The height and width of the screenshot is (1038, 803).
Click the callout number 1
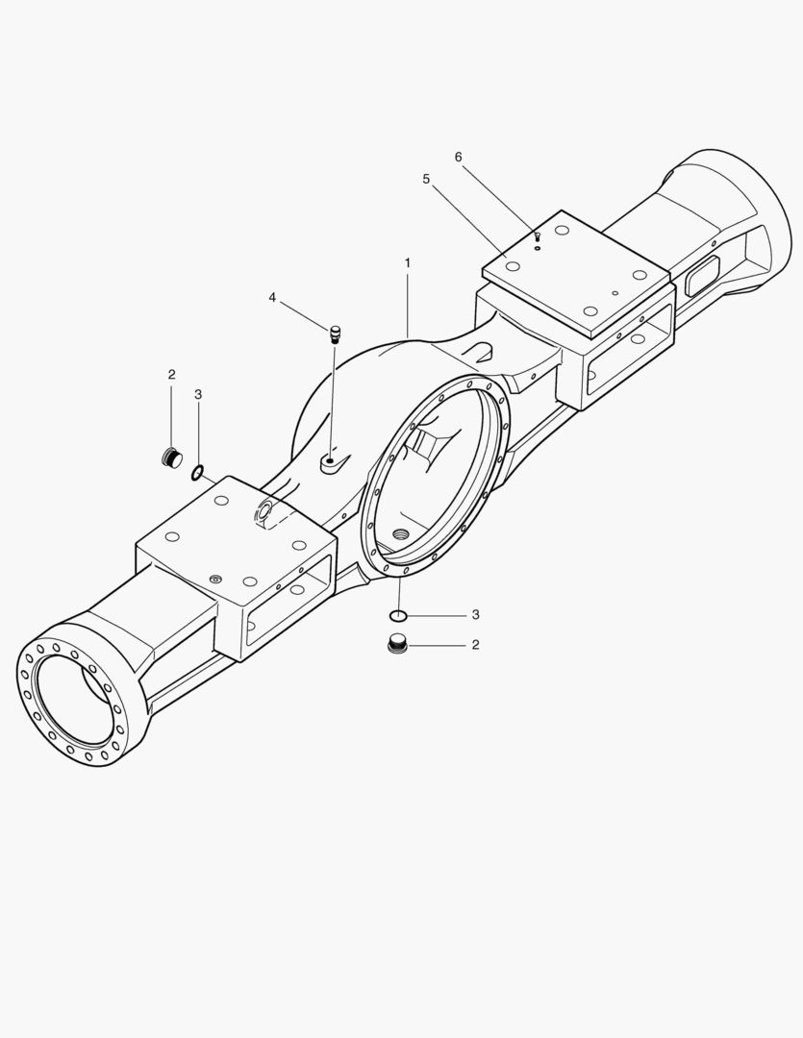(x=408, y=262)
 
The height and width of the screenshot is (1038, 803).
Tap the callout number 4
(x=272, y=298)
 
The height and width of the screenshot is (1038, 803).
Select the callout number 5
(x=426, y=179)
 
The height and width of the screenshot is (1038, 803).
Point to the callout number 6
(x=458, y=157)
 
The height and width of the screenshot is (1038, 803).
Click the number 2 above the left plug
(x=171, y=375)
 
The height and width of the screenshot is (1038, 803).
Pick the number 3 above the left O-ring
(x=198, y=395)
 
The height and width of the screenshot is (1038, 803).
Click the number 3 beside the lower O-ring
(x=476, y=615)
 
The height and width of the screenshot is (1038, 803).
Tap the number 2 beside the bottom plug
(x=476, y=645)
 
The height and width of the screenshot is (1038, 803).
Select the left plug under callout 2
(x=172, y=457)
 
